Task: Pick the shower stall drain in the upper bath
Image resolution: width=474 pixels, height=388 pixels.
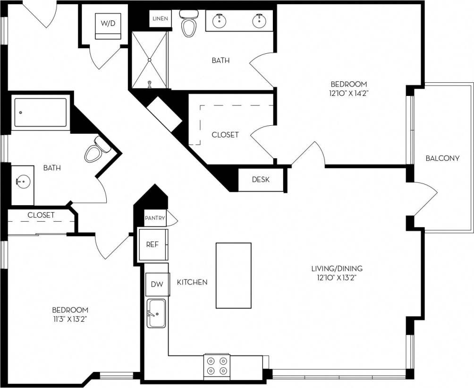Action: coord(149,60)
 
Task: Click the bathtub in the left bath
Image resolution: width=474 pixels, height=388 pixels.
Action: coord(40,112)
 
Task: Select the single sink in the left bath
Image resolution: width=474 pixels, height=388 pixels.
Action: coord(21,181)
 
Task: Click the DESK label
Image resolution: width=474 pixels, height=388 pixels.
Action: coord(261,180)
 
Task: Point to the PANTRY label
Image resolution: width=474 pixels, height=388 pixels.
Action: coord(155,218)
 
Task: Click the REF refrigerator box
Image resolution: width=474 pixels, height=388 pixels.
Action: coord(152,244)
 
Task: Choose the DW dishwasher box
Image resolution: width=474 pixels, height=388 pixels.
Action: coord(157,285)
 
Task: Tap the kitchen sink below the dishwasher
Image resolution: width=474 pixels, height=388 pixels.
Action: coord(156,313)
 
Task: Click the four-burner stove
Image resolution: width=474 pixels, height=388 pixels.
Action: coord(217,365)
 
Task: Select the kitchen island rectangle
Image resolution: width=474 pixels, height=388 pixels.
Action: coord(233,275)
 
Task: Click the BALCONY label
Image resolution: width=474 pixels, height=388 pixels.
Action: coord(442,158)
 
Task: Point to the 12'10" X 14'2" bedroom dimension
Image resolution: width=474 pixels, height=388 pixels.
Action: coord(349,94)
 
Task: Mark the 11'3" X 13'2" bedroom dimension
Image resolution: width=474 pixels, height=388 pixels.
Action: coord(70,319)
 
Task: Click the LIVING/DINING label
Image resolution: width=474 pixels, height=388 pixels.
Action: coord(337,268)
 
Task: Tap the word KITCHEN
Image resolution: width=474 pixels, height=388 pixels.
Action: coord(192,282)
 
